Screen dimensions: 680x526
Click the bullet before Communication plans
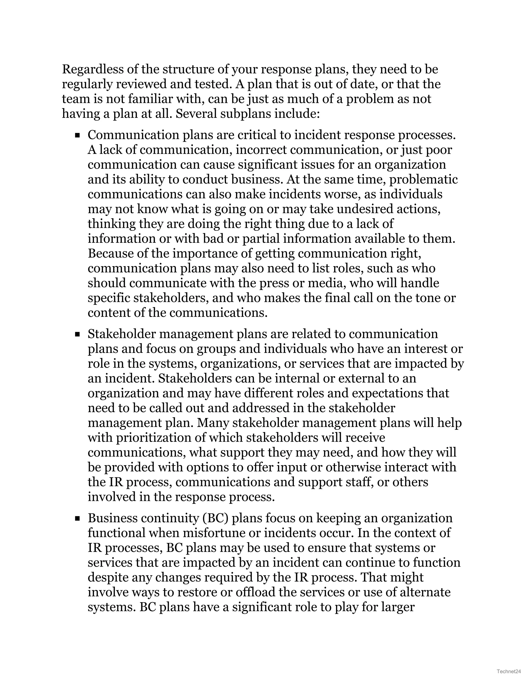tap(77, 135)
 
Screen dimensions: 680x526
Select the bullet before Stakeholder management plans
tap(77, 334)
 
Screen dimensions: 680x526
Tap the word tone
tap(426, 298)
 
